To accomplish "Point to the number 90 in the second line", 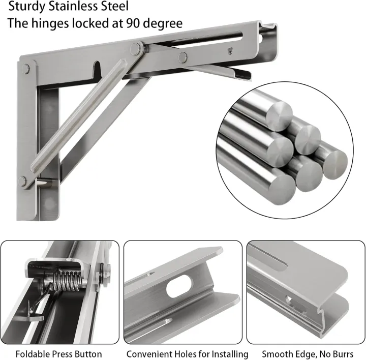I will coord(132,23).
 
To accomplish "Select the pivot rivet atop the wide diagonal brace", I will coord(136,48).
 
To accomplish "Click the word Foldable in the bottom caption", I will coord(32,353).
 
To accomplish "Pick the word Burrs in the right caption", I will coord(342,353).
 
